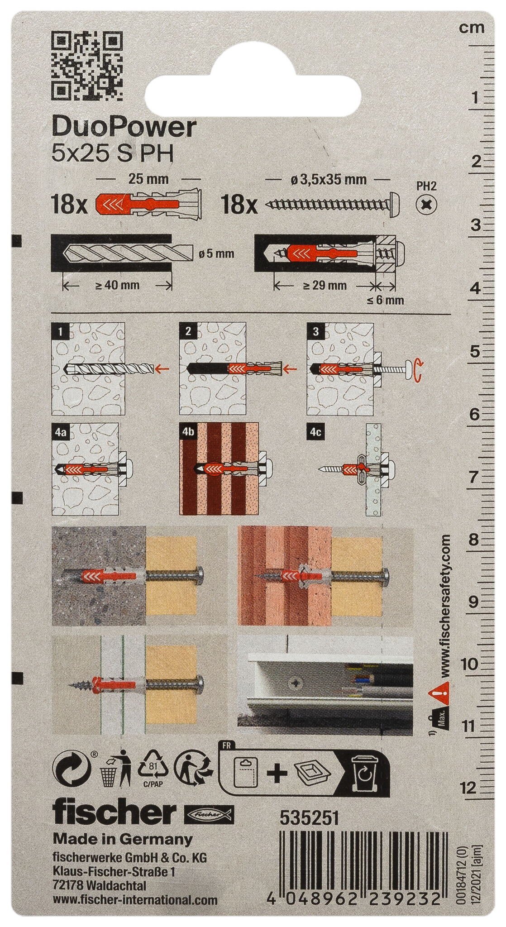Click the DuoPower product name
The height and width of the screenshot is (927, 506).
coord(124,128)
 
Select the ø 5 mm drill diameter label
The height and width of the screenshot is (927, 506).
coord(216,254)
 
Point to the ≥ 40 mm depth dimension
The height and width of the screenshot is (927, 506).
coord(117,286)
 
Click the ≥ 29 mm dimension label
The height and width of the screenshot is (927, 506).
coord(324,286)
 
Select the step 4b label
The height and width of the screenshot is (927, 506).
coord(189,432)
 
